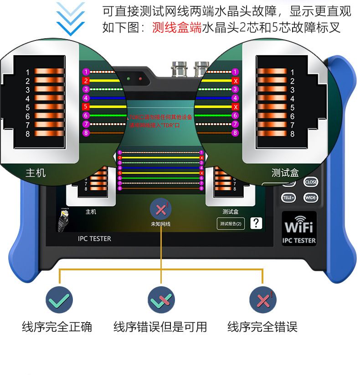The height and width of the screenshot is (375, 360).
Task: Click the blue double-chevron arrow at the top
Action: point(71,18)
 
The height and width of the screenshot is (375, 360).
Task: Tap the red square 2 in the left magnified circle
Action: point(86,81)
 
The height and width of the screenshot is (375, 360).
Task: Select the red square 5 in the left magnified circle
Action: point(86,106)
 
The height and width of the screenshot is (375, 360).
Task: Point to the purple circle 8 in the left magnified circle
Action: point(86,133)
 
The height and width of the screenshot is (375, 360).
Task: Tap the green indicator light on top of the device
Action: point(129,78)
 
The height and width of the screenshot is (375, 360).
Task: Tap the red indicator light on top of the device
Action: point(140,78)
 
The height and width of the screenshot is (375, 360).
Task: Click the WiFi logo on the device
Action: point(299,226)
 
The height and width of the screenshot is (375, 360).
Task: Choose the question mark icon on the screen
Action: point(257,223)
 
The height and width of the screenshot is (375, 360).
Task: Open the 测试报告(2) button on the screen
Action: point(231,223)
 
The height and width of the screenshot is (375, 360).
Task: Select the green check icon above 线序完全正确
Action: point(59,300)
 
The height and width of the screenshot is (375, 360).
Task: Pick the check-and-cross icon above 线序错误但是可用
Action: point(161,300)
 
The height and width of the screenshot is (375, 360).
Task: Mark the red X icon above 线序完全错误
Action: point(263,300)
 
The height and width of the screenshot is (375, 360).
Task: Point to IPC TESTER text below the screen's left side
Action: point(94,238)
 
